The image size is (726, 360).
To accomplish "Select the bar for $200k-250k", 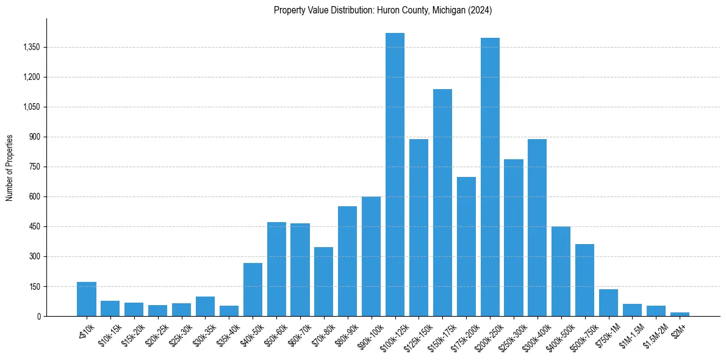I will point(490,177).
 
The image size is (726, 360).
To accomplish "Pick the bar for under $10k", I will point(87,299).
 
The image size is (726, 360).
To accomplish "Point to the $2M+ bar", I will point(680,314).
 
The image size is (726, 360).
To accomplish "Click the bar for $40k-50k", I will point(253,289).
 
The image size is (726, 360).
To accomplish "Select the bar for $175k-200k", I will point(466,247).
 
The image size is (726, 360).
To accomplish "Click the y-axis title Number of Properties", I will point(9,167).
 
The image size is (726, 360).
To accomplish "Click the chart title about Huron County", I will point(383,10).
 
